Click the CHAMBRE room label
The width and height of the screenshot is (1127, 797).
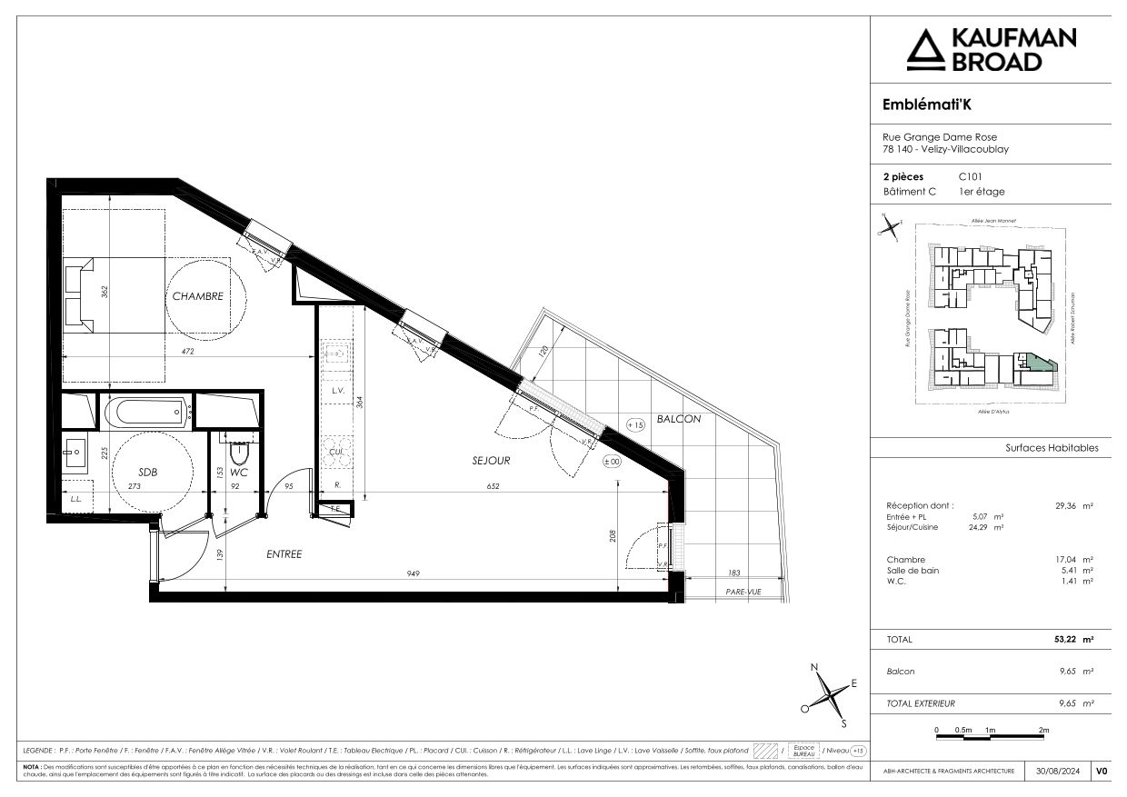pos(198,296)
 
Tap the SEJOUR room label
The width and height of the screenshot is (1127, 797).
pos(491,461)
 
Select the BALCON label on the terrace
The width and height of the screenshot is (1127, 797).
pos(679,419)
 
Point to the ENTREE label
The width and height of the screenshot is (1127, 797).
pos(284,554)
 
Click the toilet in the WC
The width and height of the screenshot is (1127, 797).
pos(240,452)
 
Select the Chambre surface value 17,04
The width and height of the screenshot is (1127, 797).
pos(1064,560)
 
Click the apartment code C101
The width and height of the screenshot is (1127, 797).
pos(971,176)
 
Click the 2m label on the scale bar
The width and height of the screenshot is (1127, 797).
pos(1044,731)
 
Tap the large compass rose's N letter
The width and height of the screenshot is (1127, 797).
pos(814,668)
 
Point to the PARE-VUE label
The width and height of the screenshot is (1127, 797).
pos(744,592)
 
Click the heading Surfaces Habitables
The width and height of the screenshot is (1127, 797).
pos(1052,448)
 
